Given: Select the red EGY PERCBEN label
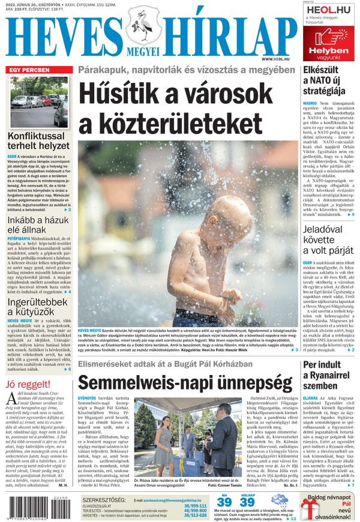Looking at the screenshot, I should coord(28,70).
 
